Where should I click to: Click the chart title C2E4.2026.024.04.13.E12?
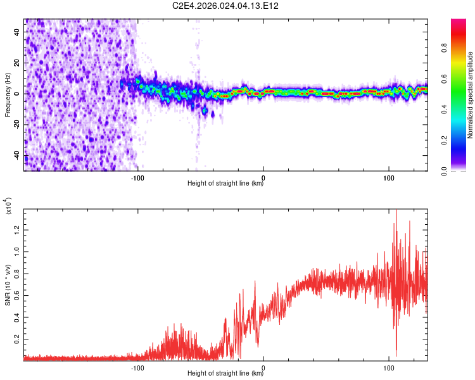[226, 6]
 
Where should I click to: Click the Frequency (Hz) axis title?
[8, 95]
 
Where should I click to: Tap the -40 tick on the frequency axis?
[16, 156]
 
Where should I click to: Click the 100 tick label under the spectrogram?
[389, 177]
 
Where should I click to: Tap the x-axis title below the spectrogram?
[225, 184]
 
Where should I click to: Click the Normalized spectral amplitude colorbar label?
[470, 95]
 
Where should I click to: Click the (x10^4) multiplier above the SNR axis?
[8, 205]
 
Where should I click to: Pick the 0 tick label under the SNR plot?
[263, 367]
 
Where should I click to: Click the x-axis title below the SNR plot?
[225, 374]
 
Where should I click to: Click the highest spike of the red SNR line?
[396, 210]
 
